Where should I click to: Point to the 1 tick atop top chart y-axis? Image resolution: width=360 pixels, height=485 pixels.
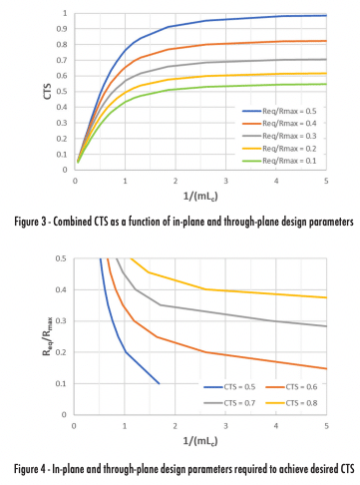point(66,14)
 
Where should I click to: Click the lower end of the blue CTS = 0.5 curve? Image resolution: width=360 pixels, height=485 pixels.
point(159,383)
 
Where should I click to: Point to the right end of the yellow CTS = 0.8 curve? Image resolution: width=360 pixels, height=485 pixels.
point(327,297)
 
